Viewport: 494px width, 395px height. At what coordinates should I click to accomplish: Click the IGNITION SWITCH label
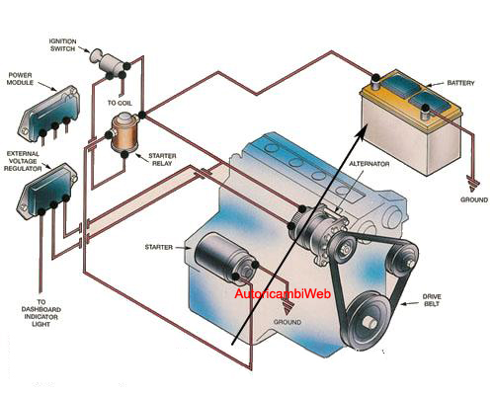62,45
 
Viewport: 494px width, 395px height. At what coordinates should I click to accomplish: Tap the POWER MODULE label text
20,79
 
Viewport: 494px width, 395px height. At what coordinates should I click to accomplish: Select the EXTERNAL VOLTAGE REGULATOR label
23,161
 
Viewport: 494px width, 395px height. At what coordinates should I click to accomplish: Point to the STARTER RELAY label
162,160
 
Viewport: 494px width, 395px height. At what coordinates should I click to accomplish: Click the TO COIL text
120,103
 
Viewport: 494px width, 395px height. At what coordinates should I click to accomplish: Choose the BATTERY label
460,83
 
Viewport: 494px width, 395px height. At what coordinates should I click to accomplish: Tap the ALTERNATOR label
370,164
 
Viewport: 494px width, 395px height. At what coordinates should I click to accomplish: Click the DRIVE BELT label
432,300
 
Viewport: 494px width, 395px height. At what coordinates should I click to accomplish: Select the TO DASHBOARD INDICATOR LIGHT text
41,313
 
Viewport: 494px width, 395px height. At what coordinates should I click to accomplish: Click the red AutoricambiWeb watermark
283,293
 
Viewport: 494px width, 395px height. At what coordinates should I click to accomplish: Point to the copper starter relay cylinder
123,133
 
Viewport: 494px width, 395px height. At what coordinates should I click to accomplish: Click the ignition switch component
108,62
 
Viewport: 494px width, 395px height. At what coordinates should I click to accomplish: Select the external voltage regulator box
46,191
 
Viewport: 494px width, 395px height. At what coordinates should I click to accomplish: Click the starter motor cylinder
222,258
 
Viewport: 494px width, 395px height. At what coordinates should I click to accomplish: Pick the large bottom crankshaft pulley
369,321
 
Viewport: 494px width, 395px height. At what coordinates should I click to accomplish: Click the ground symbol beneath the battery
473,184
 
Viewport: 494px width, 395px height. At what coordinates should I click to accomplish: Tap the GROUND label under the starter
288,322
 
